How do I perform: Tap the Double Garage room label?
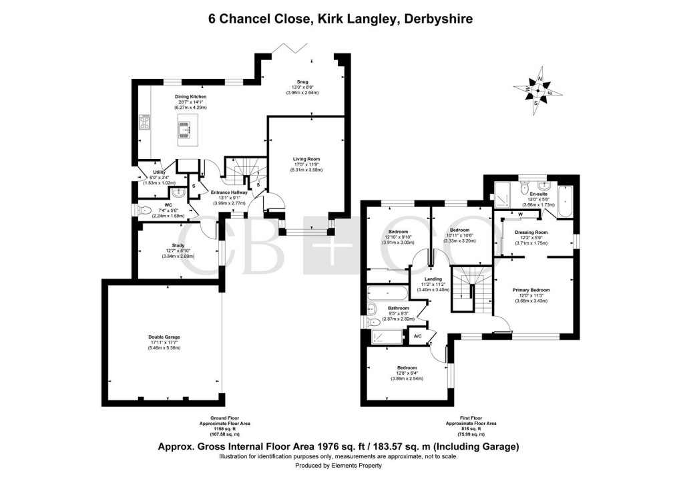tap(164, 337)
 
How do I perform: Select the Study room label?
tap(178, 245)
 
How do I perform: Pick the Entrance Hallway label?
tap(229, 192)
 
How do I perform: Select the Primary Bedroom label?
tap(531, 290)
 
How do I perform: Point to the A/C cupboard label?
tap(417, 335)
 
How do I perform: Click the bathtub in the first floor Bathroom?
tap(387, 293)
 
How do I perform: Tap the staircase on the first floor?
tap(472, 288)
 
